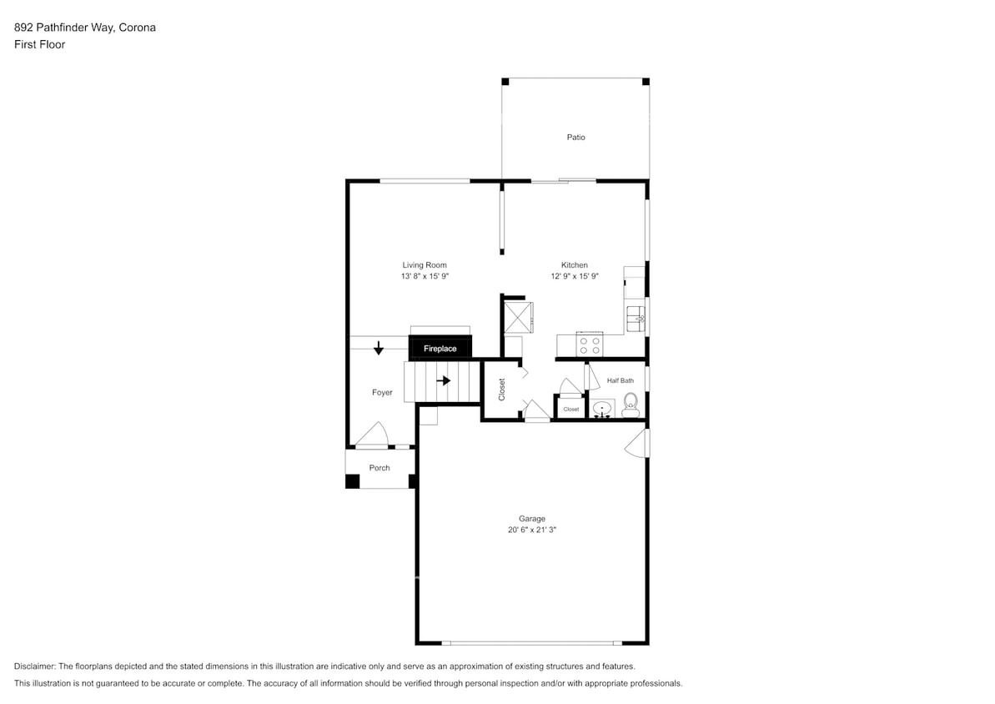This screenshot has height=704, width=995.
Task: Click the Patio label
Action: coord(575,137)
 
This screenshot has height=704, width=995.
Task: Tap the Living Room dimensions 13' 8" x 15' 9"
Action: coord(425,276)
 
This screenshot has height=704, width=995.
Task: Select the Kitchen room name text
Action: coord(574,265)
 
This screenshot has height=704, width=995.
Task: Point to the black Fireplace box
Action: coord(440,348)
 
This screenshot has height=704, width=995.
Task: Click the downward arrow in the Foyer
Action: coord(379,348)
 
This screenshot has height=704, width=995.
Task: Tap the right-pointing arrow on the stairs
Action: coord(445,381)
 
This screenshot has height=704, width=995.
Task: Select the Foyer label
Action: coord(382,392)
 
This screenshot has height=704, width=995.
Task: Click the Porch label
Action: coord(379,468)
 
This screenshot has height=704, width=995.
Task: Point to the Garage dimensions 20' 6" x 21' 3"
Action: coord(531,529)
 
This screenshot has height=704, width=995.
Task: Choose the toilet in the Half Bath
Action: coord(630,407)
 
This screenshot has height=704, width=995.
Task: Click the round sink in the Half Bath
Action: coord(601,410)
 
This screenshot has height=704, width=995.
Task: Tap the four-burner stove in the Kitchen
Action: coord(590,343)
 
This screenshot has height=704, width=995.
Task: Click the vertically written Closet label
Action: coord(501,390)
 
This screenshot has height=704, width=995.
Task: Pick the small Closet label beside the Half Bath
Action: coord(571,410)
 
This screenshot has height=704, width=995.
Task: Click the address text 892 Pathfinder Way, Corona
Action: coord(85,28)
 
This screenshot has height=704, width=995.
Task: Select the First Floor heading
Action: coord(39,44)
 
